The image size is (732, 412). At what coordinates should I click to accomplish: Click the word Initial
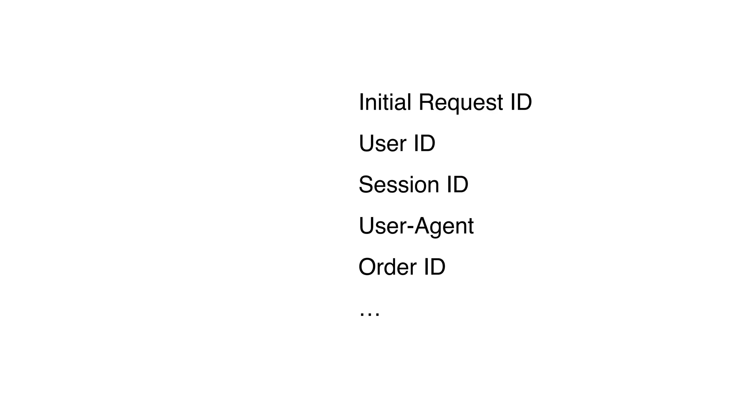pos(385,102)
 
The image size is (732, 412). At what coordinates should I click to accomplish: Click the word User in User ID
pos(382,143)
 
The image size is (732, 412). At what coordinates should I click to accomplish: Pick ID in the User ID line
pos(424,143)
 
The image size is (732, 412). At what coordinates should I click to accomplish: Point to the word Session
pos(399,185)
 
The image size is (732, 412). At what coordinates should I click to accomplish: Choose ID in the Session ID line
pos(457,185)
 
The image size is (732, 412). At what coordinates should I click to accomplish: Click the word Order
pos(387,267)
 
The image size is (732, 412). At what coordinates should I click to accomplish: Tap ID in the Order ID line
pos(435,267)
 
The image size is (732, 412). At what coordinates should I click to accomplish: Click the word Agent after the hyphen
pos(444,226)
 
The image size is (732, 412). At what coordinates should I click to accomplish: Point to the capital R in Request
pos(426,102)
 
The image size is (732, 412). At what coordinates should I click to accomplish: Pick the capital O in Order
pos(366,267)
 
